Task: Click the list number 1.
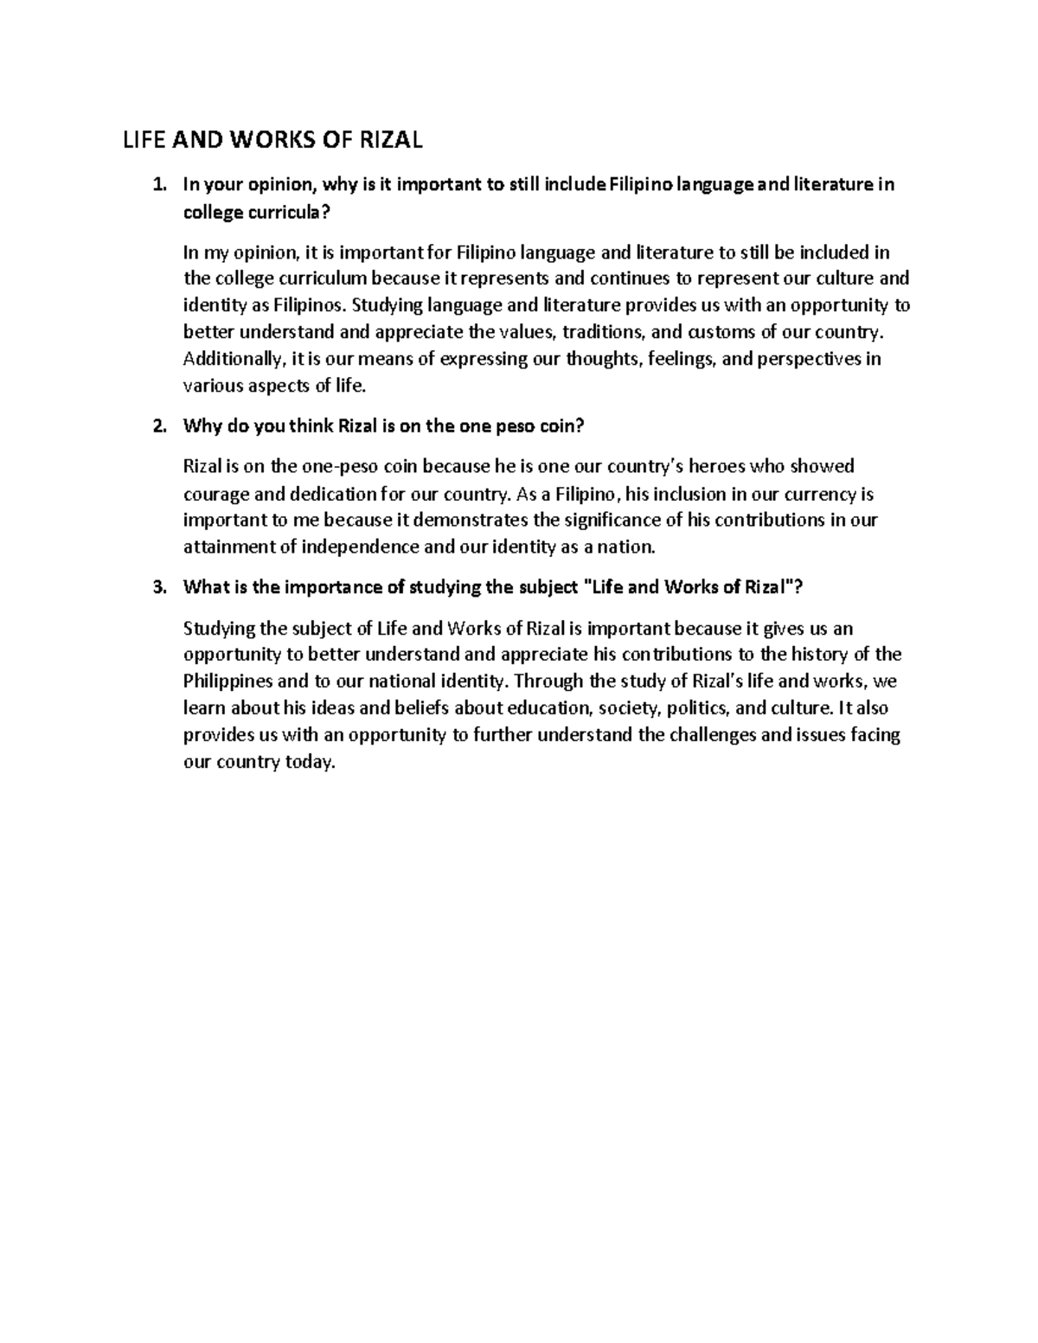click(157, 184)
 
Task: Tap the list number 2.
click(157, 426)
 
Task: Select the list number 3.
click(157, 587)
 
